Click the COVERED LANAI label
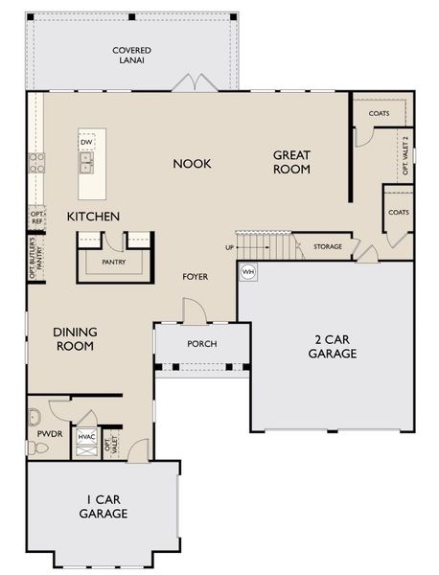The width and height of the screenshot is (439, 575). point(130,56)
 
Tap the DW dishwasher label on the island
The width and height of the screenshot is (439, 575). point(86,143)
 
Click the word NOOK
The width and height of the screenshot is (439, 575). point(192,164)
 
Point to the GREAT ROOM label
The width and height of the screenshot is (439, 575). point(292,162)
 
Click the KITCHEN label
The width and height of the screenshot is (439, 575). point(93,218)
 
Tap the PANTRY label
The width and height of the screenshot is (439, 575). point(114,262)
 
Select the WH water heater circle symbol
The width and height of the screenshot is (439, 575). point(248,272)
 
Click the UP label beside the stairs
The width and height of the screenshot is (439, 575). point(229,248)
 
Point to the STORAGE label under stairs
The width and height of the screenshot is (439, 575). point(327,247)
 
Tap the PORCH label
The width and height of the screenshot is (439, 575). point(201,344)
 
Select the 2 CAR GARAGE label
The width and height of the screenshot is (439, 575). point(333,346)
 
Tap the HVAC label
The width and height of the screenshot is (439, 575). point(85,436)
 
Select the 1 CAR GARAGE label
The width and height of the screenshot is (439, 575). point(103,506)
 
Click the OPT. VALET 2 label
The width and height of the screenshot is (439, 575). point(404,152)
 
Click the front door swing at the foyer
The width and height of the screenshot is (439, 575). point(194,309)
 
